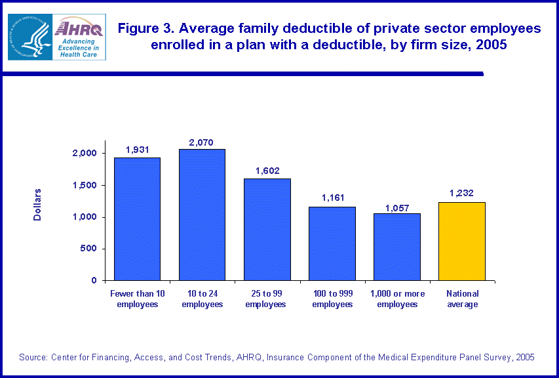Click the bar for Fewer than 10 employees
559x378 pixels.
coord(137,219)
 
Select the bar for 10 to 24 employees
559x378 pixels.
coord(202,215)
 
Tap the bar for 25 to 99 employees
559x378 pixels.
coord(267,229)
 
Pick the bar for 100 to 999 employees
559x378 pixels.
coord(332,243)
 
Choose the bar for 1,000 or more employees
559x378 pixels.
coord(397,247)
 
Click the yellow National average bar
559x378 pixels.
coord(462,241)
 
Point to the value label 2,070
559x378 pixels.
coord(202,142)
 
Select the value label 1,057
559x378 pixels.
coord(397,206)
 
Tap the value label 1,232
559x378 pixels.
coord(462,194)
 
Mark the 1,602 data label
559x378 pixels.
coord(267,171)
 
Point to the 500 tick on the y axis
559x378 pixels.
coord(89,249)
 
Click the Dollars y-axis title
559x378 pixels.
coord(37,205)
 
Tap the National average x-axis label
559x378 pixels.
coord(462,299)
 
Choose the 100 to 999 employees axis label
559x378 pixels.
coord(332,299)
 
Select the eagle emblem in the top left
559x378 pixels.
coord(29,36)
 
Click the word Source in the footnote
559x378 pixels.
coord(32,357)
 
